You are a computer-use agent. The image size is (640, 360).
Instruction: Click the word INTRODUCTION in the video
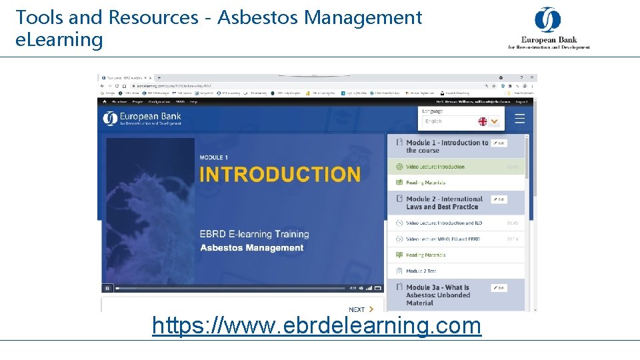280,175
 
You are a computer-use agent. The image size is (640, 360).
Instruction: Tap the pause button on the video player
107,289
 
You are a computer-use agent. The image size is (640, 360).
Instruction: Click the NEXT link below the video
361,309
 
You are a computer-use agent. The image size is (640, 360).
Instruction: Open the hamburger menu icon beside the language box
520,119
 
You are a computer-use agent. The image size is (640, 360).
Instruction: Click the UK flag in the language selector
483,121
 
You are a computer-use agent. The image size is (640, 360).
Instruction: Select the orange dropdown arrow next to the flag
494,121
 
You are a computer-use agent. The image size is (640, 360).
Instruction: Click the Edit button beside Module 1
499,143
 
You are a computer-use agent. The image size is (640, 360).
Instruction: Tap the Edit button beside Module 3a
499,288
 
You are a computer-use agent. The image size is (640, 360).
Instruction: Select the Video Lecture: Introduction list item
435,167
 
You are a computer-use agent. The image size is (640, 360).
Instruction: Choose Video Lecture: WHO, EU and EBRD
443,239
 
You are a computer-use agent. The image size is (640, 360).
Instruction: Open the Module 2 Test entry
421,271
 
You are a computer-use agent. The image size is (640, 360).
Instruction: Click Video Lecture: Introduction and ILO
443,223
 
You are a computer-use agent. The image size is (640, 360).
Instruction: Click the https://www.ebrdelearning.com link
317,326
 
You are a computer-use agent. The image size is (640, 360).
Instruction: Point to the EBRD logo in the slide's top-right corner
549,29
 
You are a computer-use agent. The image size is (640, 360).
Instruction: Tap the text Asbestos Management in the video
251,248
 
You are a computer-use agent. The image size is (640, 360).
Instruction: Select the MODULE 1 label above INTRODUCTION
214,157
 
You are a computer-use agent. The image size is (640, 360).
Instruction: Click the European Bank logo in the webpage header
142,119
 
